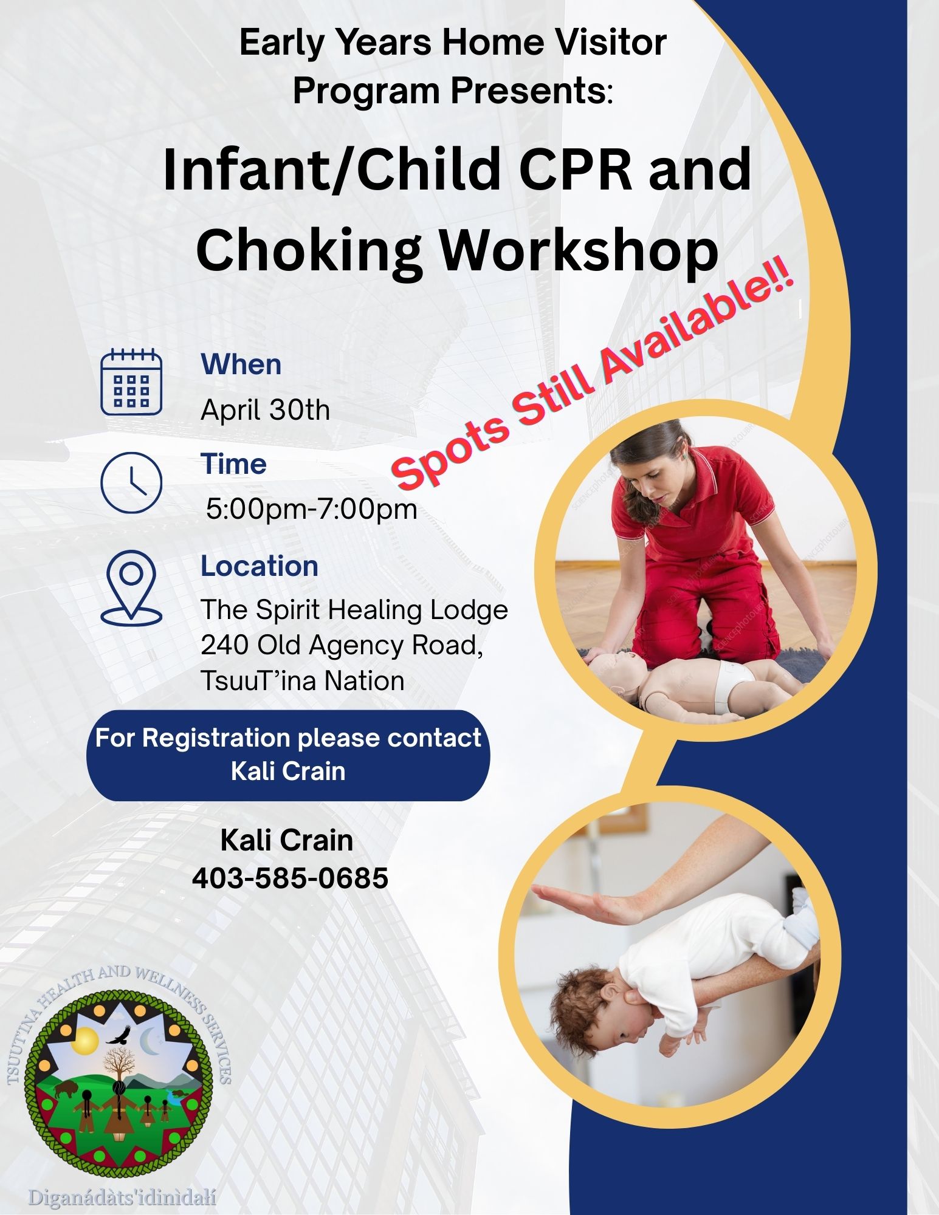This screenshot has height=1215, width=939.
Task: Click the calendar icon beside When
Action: click(x=131, y=382)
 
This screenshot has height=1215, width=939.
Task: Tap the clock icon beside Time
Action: click(x=131, y=483)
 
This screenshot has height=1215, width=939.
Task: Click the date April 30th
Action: click(x=265, y=410)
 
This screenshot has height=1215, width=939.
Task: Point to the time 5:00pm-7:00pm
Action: click(x=311, y=509)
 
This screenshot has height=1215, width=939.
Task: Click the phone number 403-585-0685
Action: click(x=290, y=878)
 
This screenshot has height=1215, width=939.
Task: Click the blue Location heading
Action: click(x=260, y=566)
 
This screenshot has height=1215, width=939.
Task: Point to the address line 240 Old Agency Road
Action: click(x=342, y=645)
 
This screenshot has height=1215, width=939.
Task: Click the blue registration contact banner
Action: click(x=288, y=755)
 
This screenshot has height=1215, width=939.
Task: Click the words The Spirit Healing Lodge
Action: click(x=354, y=610)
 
